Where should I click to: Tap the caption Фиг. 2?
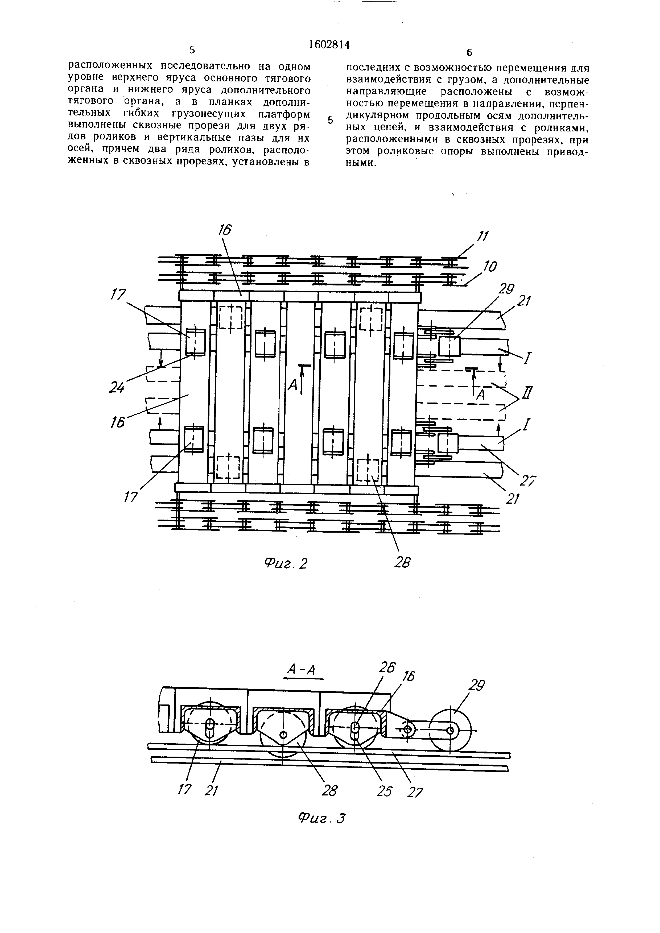tap(286, 563)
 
